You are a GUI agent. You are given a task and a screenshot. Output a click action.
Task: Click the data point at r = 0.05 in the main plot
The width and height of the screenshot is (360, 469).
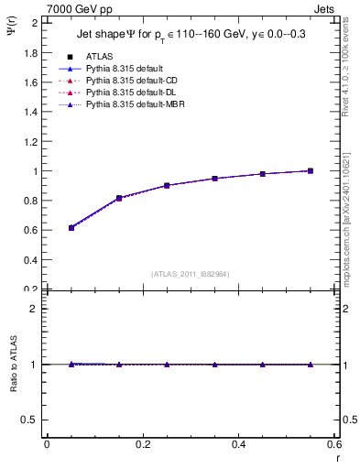(71, 227)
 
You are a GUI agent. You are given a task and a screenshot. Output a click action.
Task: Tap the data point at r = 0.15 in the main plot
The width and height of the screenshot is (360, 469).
(119, 198)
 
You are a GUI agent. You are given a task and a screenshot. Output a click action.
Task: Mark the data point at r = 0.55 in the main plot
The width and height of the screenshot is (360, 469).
(311, 170)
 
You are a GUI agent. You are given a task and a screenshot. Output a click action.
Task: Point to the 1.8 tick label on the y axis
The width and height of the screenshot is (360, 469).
(29, 52)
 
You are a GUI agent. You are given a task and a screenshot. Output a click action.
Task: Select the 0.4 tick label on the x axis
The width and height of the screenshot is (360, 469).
(238, 444)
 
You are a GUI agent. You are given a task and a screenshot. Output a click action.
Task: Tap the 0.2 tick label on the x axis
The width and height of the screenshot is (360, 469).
(142, 444)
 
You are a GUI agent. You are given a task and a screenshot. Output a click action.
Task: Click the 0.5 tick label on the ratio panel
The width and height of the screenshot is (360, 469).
(29, 420)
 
